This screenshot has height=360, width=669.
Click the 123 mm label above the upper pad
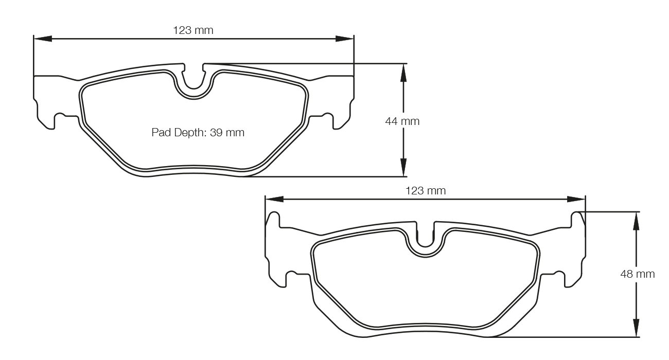pyautogui.click(x=193, y=30)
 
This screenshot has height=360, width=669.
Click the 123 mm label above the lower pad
pyautogui.click(x=425, y=191)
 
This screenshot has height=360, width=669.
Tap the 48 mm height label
pyautogui.click(x=638, y=274)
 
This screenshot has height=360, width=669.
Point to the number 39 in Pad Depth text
pyautogui.click(x=216, y=133)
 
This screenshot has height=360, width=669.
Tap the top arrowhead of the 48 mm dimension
pyautogui.click(x=637, y=221)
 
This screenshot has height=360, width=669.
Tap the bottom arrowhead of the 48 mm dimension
pyautogui.click(x=637, y=328)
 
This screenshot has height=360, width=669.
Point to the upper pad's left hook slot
pyautogui.click(x=59, y=117)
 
